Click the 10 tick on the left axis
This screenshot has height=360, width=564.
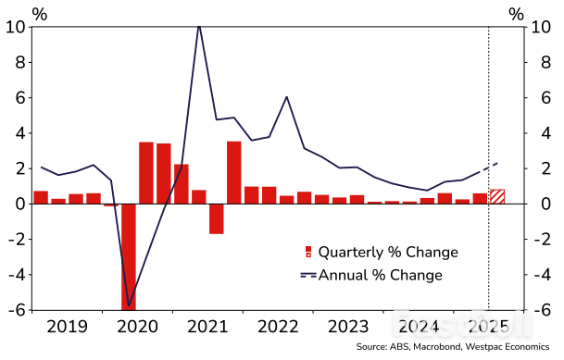click(15, 27)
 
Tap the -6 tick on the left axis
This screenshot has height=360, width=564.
click(15, 310)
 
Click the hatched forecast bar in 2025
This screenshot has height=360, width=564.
click(497, 196)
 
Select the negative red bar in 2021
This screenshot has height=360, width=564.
click(216, 218)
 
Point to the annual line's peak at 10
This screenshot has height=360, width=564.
click(198, 28)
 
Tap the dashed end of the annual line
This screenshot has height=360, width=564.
click(491, 167)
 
